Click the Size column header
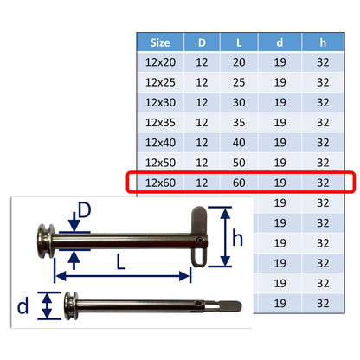(160, 42)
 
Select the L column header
(239, 42)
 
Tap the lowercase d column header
(280, 42)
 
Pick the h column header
(323, 42)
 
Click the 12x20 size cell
(160, 62)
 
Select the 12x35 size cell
(160, 123)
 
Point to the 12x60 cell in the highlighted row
(160, 183)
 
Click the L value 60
(239, 183)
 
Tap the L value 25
(239, 82)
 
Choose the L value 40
(239, 143)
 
